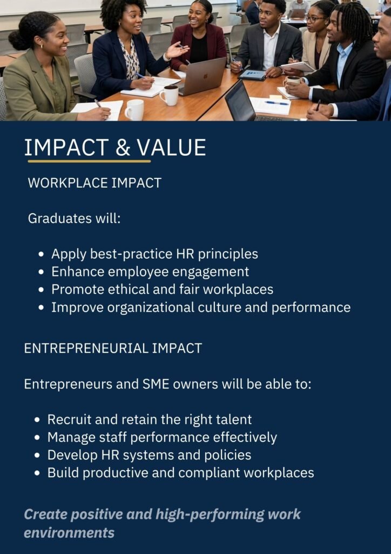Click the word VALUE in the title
pyautogui.click(x=172, y=147)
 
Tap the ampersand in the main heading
pyautogui.click(x=123, y=148)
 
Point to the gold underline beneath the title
pyautogui.click(x=89, y=161)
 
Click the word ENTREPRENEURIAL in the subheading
pyautogui.click(x=86, y=348)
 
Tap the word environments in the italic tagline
pyautogui.click(x=69, y=532)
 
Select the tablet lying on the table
pyautogui.click(x=252, y=75)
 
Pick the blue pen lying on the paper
pyautogui.click(x=277, y=103)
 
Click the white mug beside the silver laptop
pyautogui.click(x=170, y=95)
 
